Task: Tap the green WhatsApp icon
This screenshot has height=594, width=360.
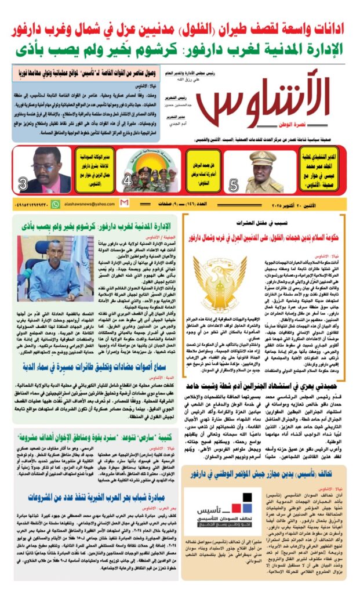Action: [x=56, y=204]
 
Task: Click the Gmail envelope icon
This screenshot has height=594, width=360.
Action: [x=124, y=203]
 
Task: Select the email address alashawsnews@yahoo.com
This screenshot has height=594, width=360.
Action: [x=86, y=204]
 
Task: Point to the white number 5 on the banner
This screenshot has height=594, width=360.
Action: [x=234, y=185]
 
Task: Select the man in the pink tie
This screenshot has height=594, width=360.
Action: [x=50, y=171]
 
